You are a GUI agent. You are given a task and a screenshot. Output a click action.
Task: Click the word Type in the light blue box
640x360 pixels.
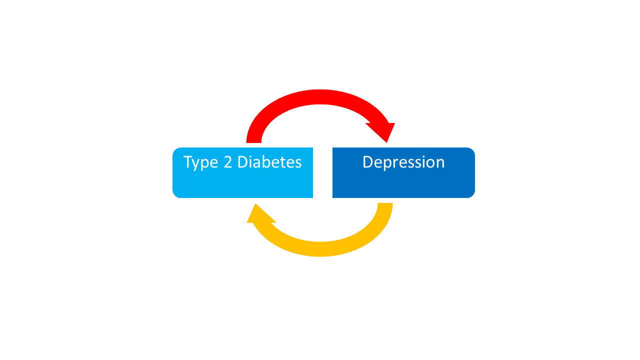tap(200, 162)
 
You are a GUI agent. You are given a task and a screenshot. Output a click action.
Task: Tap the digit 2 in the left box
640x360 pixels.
tap(227, 162)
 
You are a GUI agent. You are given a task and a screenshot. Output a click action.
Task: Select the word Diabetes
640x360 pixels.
tap(269, 162)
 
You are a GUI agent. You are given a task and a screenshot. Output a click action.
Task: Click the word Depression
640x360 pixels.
tap(403, 162)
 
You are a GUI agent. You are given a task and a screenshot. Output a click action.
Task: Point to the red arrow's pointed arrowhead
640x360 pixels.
tap(386, 142)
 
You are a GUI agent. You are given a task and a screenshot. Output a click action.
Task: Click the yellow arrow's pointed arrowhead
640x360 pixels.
tap(255, 203)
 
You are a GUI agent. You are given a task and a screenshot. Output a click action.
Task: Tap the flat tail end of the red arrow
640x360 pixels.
tap(253, 142)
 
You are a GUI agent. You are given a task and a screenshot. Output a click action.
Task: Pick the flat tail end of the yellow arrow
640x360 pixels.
tap(385, 203)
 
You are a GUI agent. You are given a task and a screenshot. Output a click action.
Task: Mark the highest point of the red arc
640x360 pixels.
tap(320, 90)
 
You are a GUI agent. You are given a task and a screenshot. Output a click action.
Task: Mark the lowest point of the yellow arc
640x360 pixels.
tap(320, 256)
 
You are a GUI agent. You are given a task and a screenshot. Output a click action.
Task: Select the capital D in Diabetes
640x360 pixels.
tap(242, 162)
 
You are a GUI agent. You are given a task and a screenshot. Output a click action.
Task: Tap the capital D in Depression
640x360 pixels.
tap(368, 162)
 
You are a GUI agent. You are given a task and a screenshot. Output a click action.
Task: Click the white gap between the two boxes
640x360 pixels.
tap(322, 172)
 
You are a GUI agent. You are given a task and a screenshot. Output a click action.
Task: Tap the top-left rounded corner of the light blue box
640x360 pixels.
tap(175, 150)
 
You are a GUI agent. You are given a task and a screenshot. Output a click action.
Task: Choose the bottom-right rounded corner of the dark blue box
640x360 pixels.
tap(472, 195)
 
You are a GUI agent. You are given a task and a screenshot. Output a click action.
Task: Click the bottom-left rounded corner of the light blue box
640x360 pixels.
tap(175, 195)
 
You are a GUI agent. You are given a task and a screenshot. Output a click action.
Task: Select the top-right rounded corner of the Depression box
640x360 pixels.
tap(472, 150)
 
